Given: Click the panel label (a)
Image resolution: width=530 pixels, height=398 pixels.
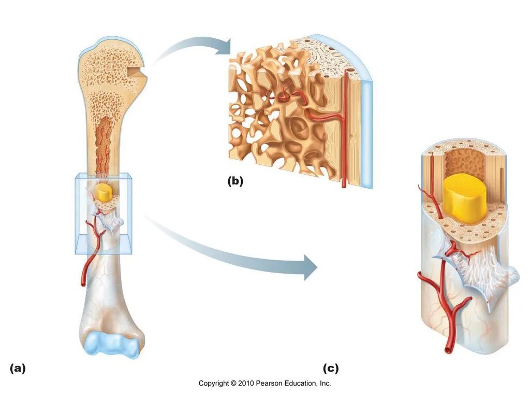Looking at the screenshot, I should [17, 368].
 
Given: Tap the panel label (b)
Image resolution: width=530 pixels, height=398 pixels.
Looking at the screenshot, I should [234, 181].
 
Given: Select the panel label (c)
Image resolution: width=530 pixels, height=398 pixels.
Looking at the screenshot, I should [331, 368].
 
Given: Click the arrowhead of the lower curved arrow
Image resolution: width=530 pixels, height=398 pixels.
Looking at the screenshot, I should [311, 267].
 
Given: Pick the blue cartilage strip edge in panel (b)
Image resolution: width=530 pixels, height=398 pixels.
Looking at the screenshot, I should [366, 130].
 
